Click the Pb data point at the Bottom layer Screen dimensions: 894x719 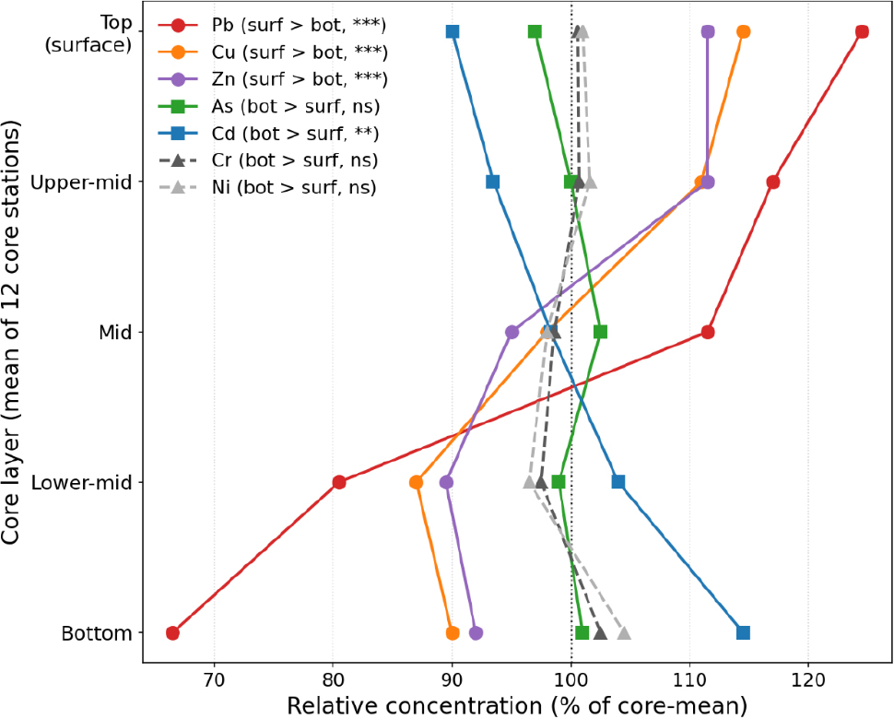172,633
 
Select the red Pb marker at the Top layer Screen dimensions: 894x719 862,32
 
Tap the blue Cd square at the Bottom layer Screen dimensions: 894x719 743,633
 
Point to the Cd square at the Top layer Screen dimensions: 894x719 453,32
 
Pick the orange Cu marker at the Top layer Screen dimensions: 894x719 743,32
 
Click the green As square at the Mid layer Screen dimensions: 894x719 600,332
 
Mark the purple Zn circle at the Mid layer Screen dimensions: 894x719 512,332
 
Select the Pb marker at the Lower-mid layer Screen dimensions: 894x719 339,482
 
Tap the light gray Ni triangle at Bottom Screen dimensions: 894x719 624,633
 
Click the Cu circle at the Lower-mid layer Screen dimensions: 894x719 417,482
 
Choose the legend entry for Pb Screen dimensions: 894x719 272,26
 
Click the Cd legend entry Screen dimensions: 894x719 268,134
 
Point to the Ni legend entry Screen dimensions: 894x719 267,187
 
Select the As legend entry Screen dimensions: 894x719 268,107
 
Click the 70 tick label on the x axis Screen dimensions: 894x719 215,680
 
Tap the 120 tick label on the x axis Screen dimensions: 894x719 808,680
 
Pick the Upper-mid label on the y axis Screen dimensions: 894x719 81,183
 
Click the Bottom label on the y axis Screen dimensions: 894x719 97,633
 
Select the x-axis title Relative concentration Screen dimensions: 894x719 516,706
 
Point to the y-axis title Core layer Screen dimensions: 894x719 11,332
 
